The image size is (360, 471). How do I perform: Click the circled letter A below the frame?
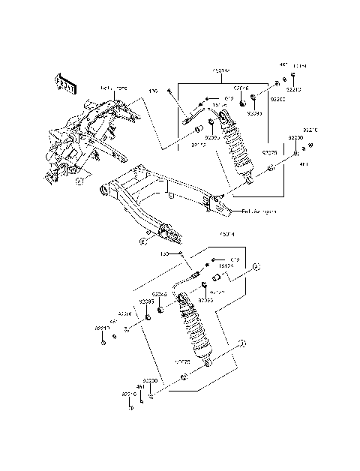[79, 181]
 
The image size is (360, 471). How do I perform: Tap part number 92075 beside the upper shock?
[269, 152]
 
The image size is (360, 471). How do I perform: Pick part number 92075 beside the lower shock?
[182, 362]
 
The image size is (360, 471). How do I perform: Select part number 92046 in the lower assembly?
[159, 295]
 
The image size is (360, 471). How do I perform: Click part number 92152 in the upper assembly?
[198, 137]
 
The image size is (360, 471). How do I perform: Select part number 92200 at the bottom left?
[150, 380]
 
